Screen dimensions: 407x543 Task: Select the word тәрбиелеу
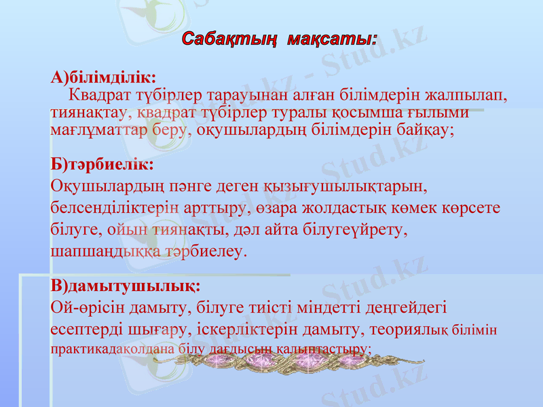click(212, 251)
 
